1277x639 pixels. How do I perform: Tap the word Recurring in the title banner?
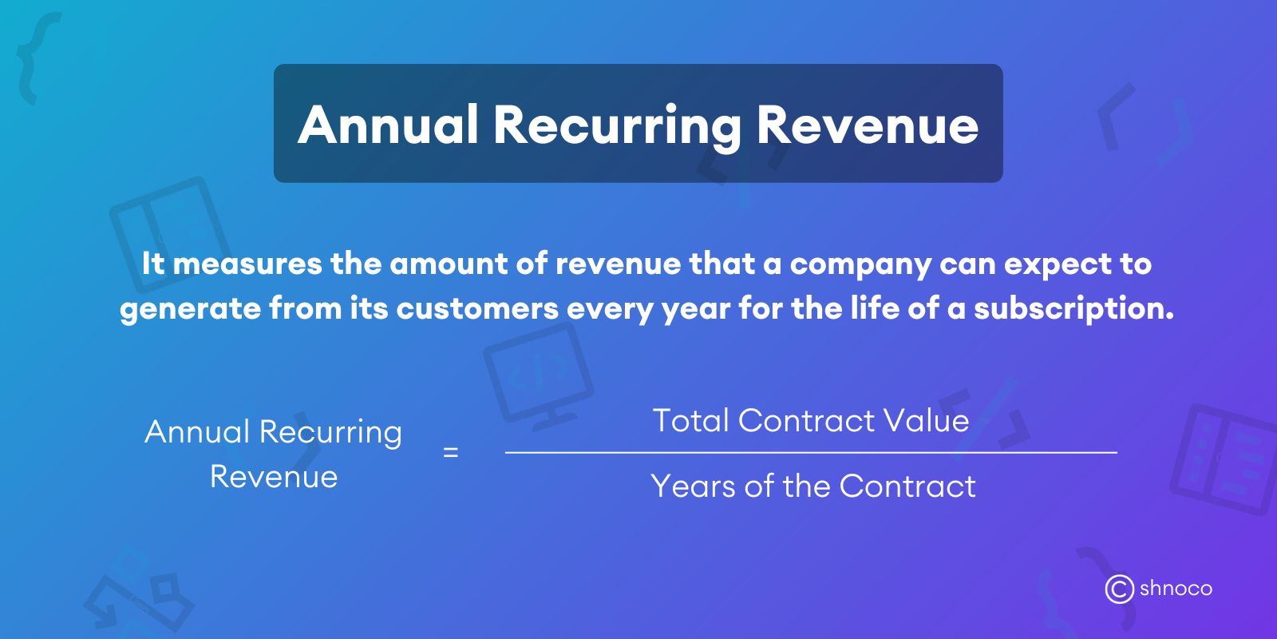point(617,126)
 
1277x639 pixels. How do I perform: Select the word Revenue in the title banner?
point(867,125)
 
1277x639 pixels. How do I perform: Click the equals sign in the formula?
point(451,453)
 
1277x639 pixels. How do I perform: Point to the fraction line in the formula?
point(811,453)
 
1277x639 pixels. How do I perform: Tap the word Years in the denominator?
point(693,486)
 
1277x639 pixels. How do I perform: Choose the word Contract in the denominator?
point(907,486)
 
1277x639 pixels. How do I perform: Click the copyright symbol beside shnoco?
point(1119,589)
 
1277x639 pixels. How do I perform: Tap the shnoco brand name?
point(1176,589)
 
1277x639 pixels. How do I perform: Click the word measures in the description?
point(247,264)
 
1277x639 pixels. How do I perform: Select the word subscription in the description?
point(1073,309)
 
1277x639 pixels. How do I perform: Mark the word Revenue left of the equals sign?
point(274,477)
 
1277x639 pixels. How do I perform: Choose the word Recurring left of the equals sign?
point(330,433)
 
